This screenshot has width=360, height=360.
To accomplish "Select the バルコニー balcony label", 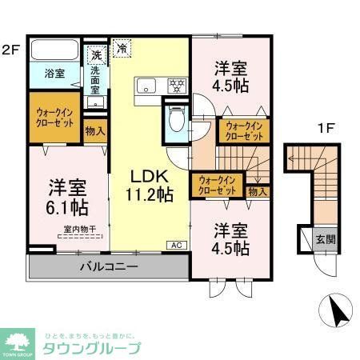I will coord(108,266).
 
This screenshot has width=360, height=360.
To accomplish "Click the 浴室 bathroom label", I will coord(54,74).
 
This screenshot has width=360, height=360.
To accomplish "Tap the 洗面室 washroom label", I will coord(95,78).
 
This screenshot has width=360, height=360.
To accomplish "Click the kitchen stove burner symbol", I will coord(176,84).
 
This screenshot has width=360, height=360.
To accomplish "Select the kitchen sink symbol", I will coord(146,86).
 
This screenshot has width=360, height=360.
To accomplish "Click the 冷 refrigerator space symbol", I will coord(122,50).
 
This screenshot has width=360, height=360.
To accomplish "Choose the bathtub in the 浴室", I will coord(54,54).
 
